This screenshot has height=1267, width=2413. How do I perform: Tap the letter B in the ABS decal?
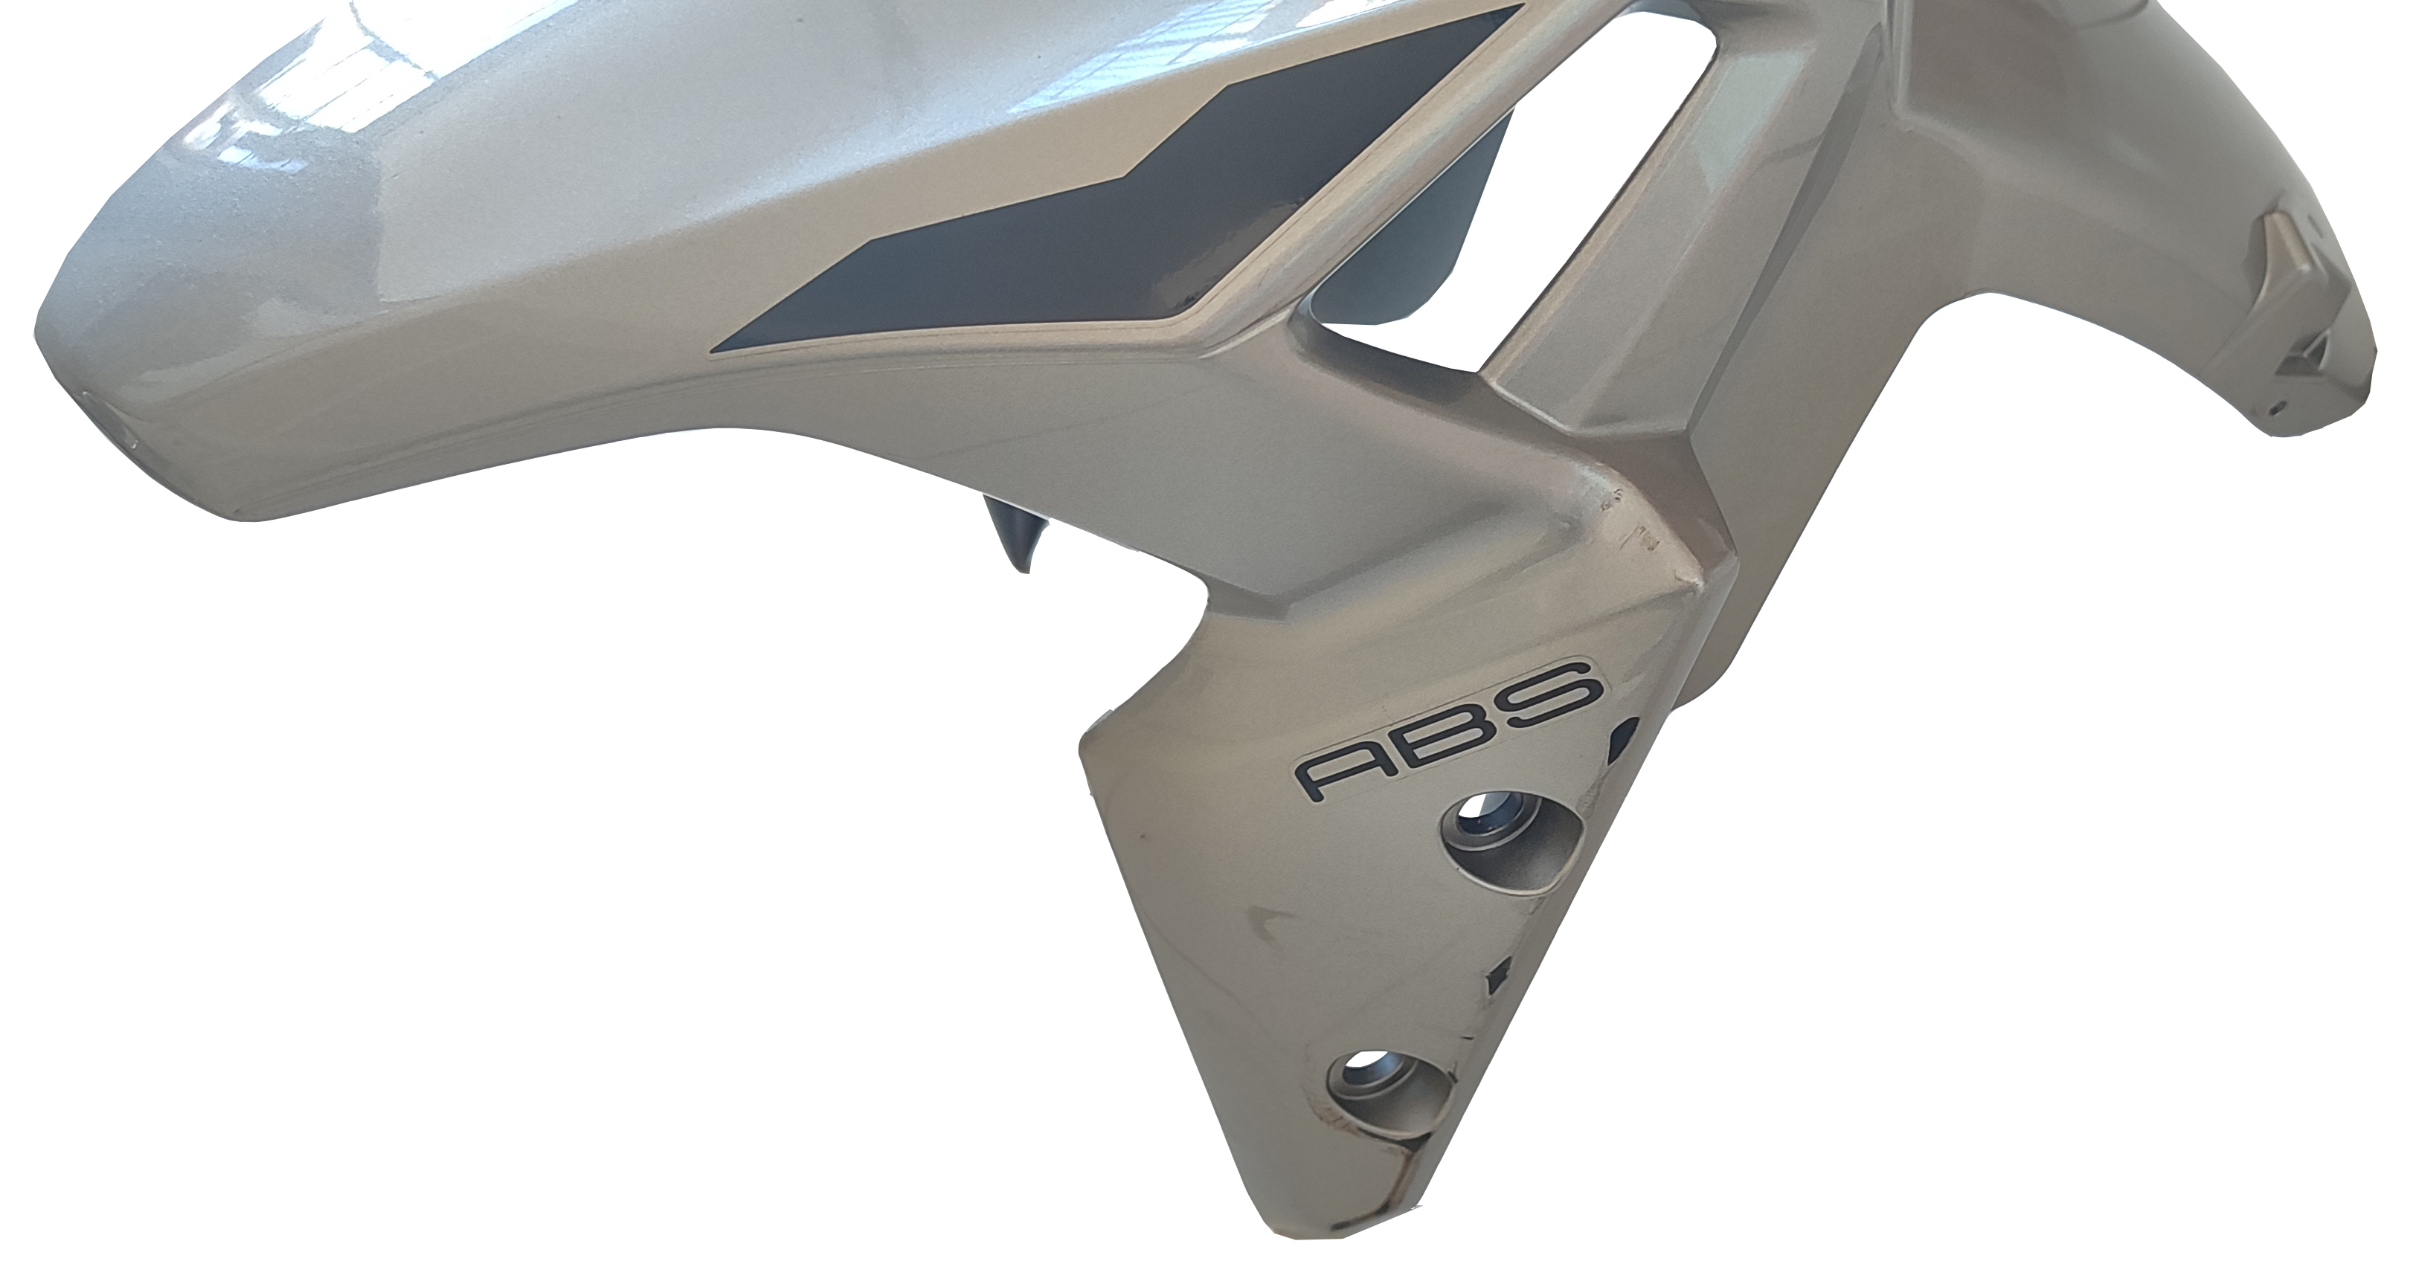1445,722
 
